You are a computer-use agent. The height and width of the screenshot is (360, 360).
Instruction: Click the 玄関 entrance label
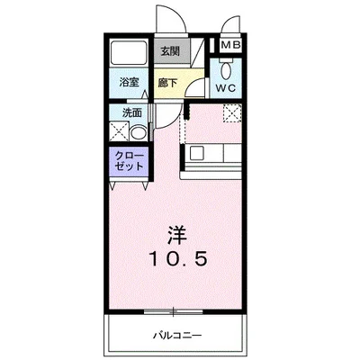(169, 51)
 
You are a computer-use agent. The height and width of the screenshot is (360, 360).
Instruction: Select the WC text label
(227, 88)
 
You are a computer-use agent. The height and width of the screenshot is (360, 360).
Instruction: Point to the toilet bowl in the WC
(227, 69)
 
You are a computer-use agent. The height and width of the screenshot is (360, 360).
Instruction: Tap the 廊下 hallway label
(168, 83)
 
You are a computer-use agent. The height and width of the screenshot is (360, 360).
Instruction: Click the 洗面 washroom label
(132, 112)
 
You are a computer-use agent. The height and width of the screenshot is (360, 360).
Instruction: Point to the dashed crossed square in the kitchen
(231, 114)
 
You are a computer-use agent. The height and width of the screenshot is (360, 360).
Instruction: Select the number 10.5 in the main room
(180, 258)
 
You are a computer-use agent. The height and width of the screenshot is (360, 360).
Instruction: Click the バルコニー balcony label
(177, 335)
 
